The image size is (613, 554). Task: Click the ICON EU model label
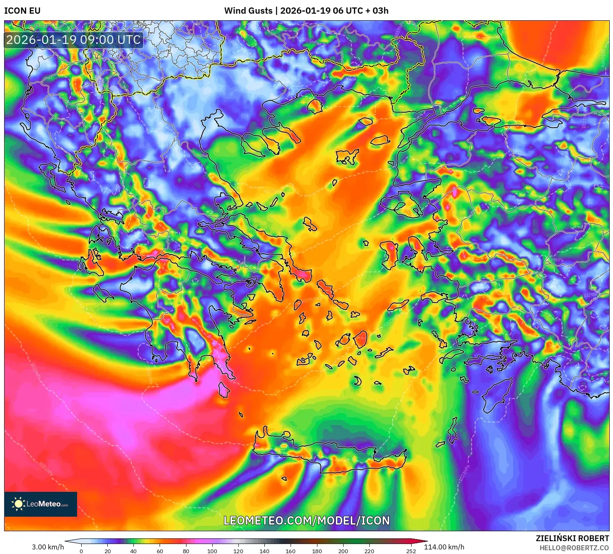point(22,11)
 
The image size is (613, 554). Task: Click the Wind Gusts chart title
point(306,11)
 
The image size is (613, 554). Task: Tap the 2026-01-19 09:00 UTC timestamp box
point(73,40)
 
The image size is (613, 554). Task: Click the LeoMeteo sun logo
point(18,504)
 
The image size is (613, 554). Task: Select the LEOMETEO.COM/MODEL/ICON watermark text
point(307,521)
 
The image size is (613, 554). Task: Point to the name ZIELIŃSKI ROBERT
point(572,538)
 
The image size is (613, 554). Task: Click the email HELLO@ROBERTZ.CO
point(574,548)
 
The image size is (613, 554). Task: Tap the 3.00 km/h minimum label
point(48,547)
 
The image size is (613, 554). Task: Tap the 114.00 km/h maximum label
point(444,547)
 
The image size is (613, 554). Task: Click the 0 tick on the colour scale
point(81,551)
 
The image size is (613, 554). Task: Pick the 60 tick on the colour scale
point(160,551)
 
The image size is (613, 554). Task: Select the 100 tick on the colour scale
point(212,551)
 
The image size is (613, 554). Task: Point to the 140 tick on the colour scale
point(264,551)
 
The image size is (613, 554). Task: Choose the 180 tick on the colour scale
point(317,551)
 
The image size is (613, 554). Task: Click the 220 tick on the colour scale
point(369,551)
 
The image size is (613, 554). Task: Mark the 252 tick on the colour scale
point(411,551)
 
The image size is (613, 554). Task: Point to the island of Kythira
point(224,389)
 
